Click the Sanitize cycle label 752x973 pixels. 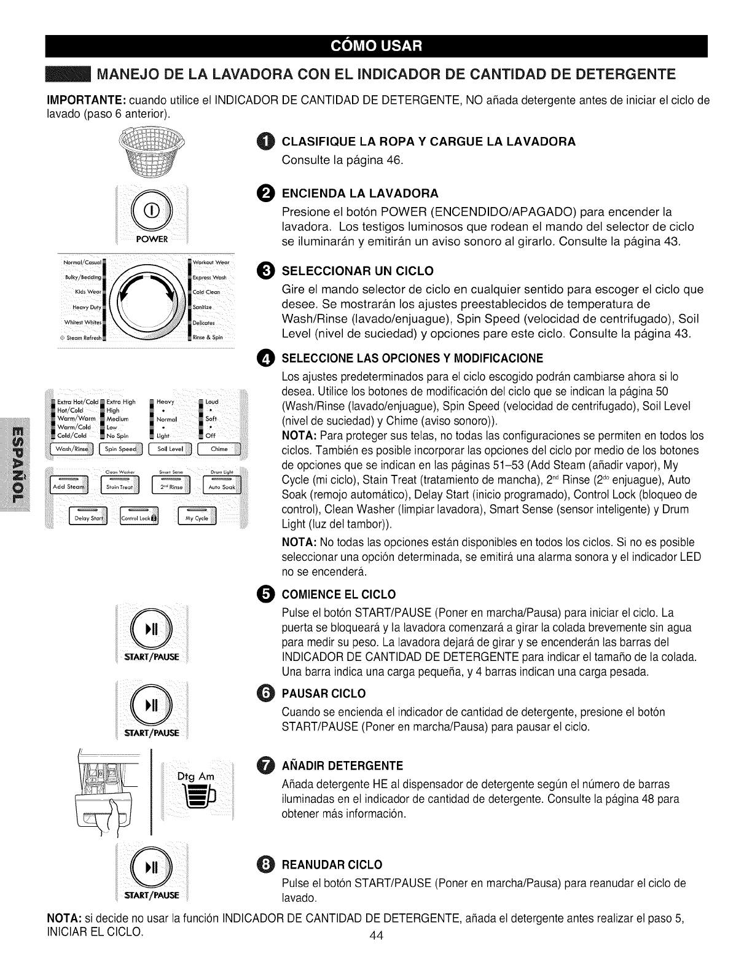pyautogui.click(x=202, y=307)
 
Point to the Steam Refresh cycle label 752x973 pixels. pyautogui.click(x=82, y=337)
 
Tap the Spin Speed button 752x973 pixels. pyautogui.click(x=120, y=449)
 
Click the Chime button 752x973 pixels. pyautogui.click(x=219, y=449)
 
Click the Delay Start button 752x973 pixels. pyautogui.click(x=88, y=518)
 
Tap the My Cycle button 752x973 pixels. pyautogui.click(x=197, y=518)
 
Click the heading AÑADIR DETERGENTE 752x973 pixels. pyautogui.click(x=342, y=765)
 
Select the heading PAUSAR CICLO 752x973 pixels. pyautogui.click(x=323, y=694)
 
